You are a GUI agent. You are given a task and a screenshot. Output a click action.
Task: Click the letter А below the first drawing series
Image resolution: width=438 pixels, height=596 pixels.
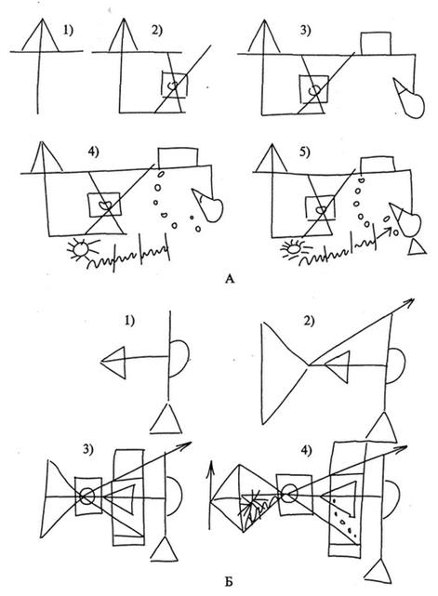coord(230,279)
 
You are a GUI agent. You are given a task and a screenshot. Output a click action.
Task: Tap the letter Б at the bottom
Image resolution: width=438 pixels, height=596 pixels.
coord(229,581)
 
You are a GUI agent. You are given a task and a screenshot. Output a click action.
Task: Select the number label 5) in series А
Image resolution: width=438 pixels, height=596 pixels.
coord(304,152)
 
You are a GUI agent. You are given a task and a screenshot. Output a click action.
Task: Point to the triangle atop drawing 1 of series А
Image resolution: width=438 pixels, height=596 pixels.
coord(41,35)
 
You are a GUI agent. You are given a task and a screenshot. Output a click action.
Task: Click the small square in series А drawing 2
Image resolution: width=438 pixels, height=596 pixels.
coord(174,85)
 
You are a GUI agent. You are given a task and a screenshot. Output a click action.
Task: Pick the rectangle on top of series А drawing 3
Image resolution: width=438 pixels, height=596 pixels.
coord(376,44)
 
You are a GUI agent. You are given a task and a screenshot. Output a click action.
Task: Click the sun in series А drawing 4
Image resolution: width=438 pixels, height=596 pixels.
coord(81,249)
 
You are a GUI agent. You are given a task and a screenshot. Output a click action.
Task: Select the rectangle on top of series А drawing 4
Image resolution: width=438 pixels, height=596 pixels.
coord(178,157)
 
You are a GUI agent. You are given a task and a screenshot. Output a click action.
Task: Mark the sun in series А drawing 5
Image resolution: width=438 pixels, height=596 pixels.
coord(294,249)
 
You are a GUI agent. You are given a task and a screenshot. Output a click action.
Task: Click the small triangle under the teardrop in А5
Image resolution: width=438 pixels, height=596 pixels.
coord(417,247)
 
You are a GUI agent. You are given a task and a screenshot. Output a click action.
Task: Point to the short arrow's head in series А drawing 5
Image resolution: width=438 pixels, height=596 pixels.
coord(389,230)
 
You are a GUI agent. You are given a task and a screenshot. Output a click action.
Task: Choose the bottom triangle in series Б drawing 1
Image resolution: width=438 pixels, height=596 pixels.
coord(166,418)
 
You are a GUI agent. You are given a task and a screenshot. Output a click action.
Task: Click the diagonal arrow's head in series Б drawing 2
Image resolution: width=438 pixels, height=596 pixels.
coord(410,302)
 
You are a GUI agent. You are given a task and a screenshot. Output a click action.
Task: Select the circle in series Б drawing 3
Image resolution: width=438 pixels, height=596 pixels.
coord(87,496)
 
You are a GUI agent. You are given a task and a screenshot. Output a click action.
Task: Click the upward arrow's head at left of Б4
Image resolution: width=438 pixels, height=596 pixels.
coord(210,469)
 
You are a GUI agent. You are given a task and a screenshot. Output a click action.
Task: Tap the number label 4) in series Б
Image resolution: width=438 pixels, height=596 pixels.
coord(306,450)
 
